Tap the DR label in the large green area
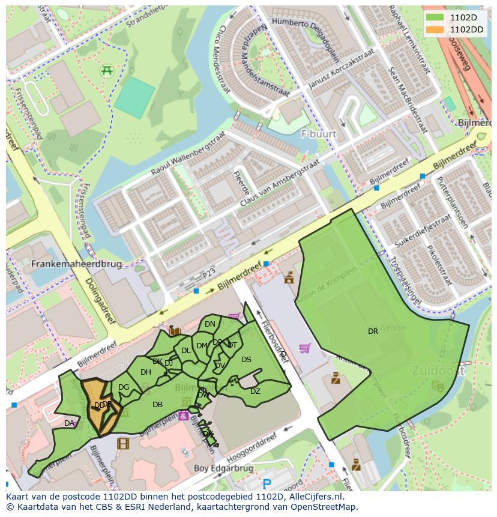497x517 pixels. click(373, 331)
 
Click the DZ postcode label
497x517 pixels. click(255, 392)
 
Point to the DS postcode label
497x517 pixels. click(246, 360)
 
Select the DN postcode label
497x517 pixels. click(209, 324)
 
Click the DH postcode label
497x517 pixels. click(146, 372)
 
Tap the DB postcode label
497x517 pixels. click(157, 405)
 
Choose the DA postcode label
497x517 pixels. click(69, 423)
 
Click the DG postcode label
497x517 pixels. click(124, 387)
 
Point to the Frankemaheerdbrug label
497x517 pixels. click(76, 264)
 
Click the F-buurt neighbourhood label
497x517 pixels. click(319, 133)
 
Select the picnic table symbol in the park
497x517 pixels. click(107, 70)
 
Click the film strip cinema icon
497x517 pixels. click(123, 444)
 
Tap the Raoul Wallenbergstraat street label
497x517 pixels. click(183, 159)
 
